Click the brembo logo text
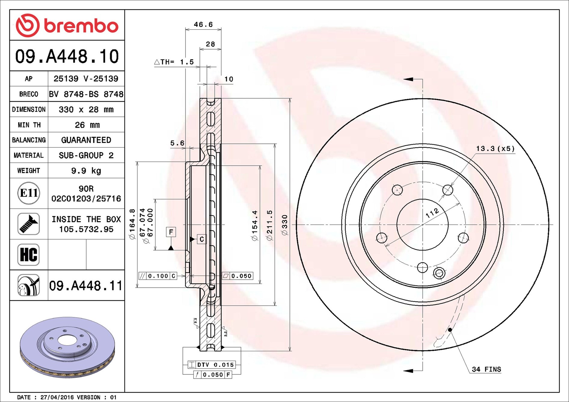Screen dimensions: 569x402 81,26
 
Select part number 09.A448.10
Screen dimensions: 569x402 67,56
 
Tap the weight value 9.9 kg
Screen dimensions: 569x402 86,171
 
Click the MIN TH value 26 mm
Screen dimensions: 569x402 87,125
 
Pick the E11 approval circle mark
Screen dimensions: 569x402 29,193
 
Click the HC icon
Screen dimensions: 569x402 29,255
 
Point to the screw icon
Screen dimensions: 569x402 29,224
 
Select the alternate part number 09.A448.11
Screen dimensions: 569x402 86,286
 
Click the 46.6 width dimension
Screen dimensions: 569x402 203,24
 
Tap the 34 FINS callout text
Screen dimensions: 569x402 486,369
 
